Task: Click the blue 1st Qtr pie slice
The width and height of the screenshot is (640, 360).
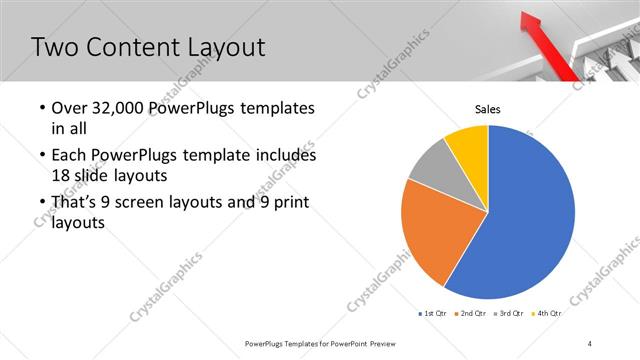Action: point(530,215)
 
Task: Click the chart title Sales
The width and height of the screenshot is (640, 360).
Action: point(487,109)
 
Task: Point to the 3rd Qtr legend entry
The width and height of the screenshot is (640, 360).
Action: point(510,313)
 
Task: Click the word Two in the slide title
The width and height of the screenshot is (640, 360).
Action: point(56,46)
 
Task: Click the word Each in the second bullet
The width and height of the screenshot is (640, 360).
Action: point(69,156)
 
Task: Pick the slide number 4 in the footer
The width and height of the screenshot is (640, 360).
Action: point(590,343)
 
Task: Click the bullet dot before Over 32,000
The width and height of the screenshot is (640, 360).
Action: point(40,108)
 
